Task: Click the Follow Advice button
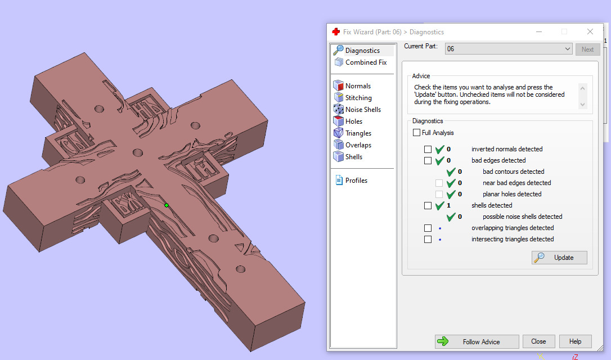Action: point(477,341)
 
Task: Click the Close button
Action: point(538,341)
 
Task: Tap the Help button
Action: point(575,341)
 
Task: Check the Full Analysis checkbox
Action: point(416,133)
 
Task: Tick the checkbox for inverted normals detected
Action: point(428,149)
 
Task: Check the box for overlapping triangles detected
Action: point(428,228)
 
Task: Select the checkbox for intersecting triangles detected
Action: point(428,239)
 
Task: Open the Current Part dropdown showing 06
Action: point(509,49)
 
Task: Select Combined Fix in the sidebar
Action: point(366,62)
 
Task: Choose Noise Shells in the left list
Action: point(363,110)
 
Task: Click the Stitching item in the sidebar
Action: point(358,98)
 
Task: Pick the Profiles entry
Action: point(356,181)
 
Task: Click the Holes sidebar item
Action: point(354,121)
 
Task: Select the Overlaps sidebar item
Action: point(358,145)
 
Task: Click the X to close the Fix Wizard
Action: point(590,32)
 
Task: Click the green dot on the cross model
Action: point(167,205)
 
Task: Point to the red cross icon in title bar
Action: point(336,32)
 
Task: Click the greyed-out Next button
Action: point(587,49)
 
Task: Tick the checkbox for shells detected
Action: point(428,205)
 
